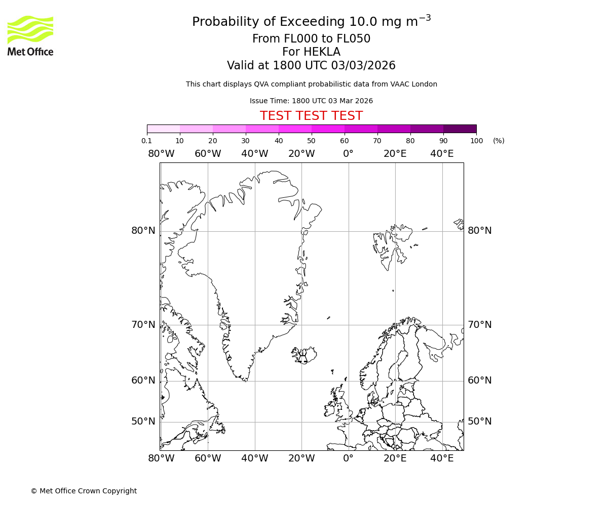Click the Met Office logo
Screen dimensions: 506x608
coord(30,35)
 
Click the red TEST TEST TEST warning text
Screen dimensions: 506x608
coord(311,116)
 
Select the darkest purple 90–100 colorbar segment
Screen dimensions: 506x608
coord(460,129)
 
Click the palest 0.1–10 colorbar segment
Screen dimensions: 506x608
coord(163,129)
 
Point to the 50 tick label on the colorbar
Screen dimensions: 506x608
coord(311,141)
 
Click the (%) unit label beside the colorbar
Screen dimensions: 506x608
coord(499,141)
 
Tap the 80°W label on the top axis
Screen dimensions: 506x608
coord(161,154)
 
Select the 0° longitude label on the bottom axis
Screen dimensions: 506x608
coord(348,458)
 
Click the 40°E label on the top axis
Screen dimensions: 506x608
coord(442,154)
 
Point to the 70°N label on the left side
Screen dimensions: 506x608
coord(143,324)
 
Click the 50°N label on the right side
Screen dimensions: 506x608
coord(479,421)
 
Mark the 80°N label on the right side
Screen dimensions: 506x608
coord(479,231)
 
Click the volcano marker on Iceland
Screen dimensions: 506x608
coord(302,359)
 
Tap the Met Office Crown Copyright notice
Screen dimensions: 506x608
coord(84,491)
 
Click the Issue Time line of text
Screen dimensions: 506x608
coord(311,101)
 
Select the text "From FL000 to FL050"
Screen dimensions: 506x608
coord(311,39)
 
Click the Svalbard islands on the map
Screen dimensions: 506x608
coord(390,245)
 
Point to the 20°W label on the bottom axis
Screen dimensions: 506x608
coord(301,458)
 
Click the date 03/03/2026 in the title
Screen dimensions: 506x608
coord(363,66)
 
